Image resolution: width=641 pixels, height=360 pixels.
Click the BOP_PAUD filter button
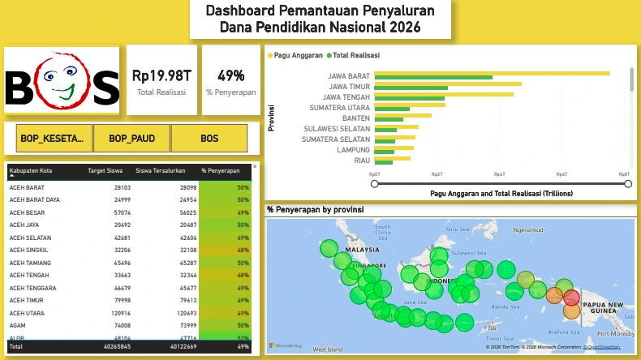(x=131, y=139)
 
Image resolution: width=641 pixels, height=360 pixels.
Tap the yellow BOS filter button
(x=209, y=139)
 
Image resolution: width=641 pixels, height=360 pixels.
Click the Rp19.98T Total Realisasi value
(x=161, y=75)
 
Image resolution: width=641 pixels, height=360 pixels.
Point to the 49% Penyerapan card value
(x=230, y=75)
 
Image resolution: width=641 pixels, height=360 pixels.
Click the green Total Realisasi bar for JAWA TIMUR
(x=411, y=88)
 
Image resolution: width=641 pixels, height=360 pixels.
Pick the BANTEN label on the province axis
(x=350, y=118)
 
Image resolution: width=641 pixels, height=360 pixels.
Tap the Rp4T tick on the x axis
(x=499, y=174)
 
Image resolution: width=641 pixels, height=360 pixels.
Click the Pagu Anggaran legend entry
(x=297, y=55)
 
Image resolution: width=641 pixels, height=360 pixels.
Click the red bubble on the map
(x=572, y=298)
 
